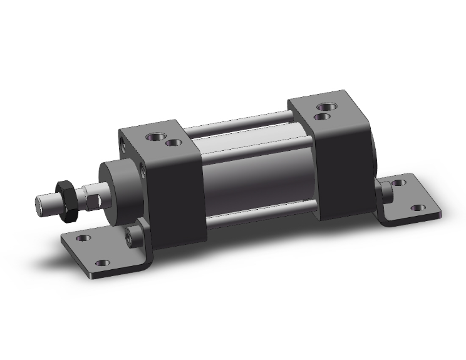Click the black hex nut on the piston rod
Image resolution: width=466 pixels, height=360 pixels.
67,199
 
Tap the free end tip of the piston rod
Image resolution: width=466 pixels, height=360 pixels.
39,205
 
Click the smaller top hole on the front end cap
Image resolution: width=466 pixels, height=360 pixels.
173,143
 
